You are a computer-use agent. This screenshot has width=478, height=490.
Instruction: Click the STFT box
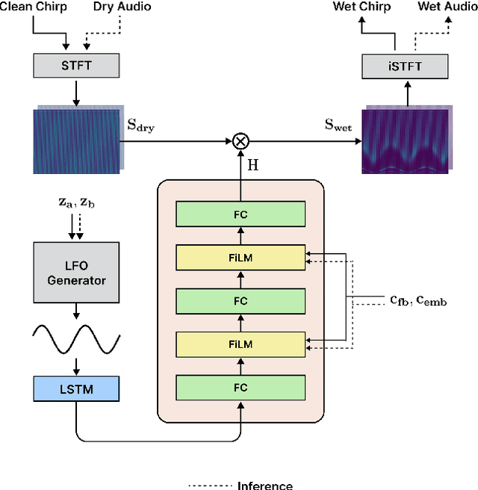click(75, 66)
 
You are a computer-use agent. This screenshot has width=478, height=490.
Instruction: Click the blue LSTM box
click(75, 388)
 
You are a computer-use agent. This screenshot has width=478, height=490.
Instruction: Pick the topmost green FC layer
click(240, 214)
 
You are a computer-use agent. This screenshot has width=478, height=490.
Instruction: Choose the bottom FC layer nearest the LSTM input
click(240, 388)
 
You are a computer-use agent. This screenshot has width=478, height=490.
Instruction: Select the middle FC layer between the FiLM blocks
click(240, 301)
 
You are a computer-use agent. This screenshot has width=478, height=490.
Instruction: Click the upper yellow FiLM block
click(240, 258)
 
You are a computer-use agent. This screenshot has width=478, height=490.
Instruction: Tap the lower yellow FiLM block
click(240, 344)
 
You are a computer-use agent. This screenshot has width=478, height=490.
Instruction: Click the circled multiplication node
click(240, 140)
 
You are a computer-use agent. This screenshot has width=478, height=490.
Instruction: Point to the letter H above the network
click(253, 165)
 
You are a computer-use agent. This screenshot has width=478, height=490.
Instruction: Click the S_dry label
click(141, 125)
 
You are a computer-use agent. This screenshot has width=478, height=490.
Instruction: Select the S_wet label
click(338, 125)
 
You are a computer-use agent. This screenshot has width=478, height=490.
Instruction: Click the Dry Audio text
click(122, 7)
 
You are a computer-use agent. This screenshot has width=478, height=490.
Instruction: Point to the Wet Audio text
click(447, 7)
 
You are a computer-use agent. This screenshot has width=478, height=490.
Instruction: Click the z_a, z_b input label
click(76, 202)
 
